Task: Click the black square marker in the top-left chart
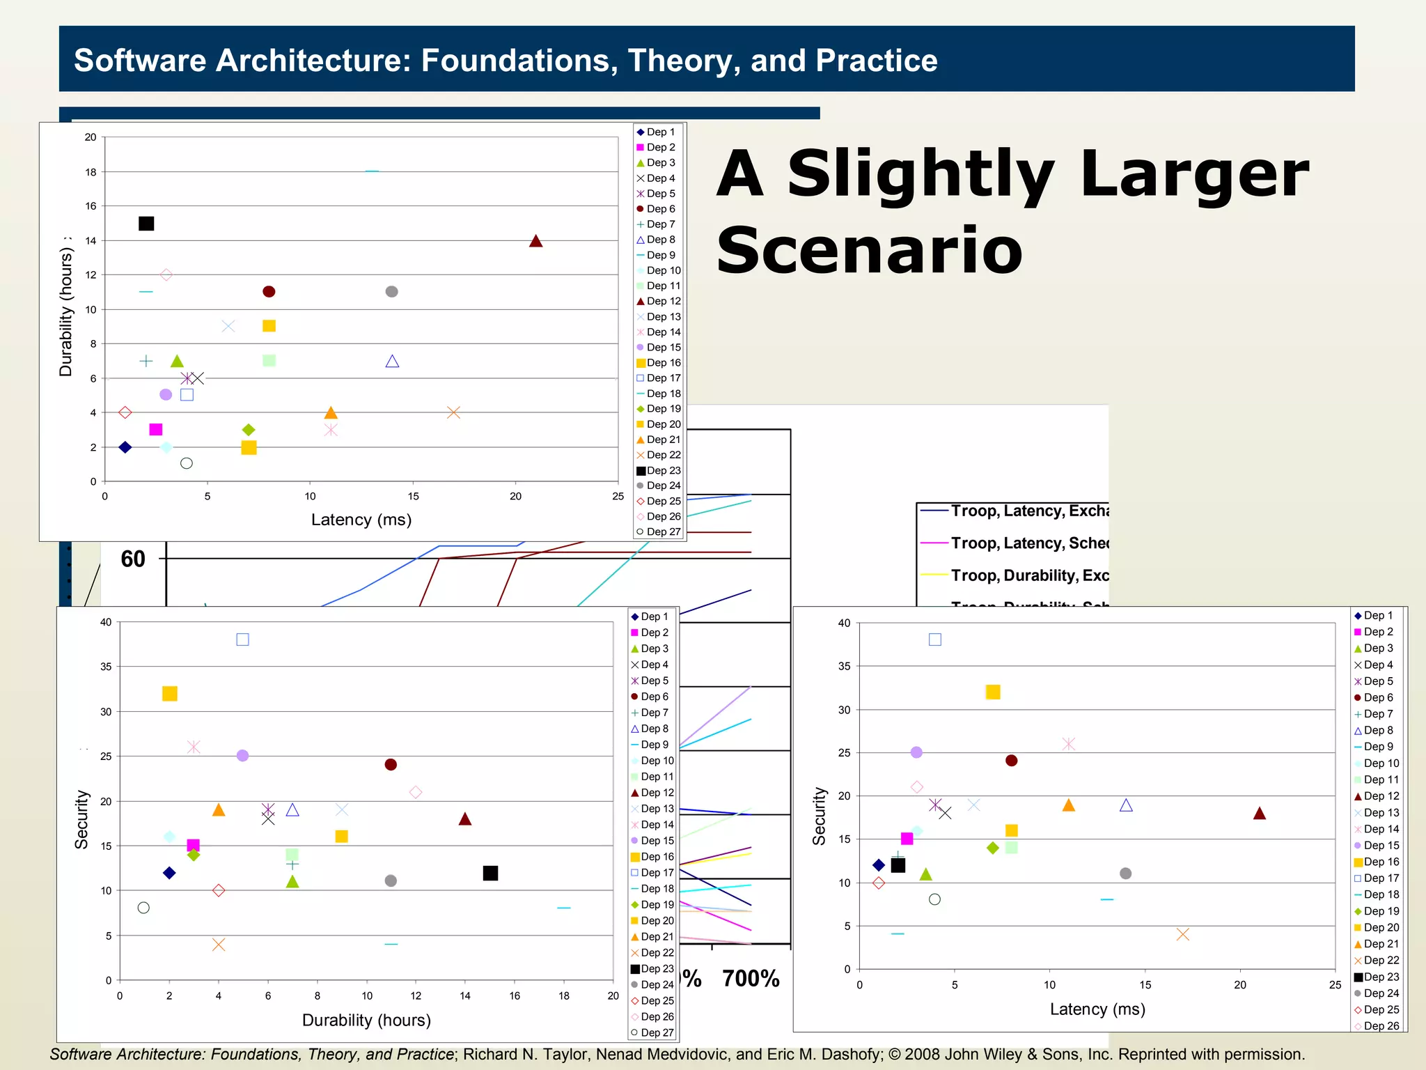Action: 146,224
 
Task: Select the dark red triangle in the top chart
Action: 535,241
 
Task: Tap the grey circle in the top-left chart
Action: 391,291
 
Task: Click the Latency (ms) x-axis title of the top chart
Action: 361,520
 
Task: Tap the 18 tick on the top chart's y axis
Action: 91,172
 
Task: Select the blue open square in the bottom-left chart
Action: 242,639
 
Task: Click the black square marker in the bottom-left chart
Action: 490,873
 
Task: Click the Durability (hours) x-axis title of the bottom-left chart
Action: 366,1020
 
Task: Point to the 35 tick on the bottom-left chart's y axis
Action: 106,667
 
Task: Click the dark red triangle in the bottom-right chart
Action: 1259,813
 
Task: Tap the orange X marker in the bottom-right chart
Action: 1182,934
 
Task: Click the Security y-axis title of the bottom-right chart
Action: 820,816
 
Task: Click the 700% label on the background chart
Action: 750,979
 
